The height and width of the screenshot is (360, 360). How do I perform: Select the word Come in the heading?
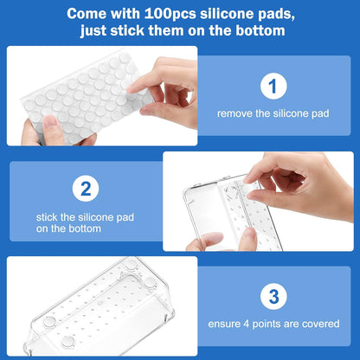[70, 15]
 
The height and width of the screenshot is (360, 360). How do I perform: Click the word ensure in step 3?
[223, 324]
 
